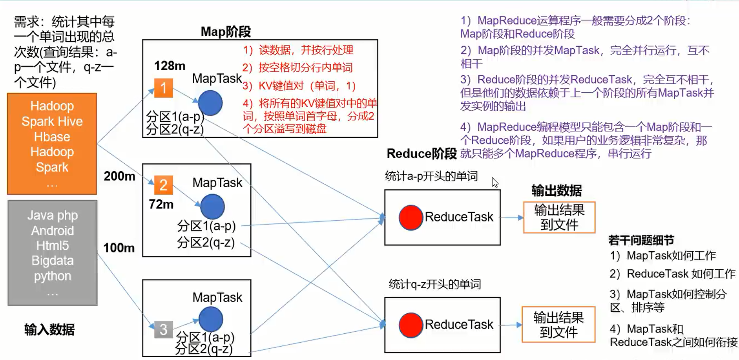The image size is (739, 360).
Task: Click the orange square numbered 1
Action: (x=163, y=88)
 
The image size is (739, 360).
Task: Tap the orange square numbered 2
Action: (x=163, y=185)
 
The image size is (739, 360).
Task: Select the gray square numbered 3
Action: (x=163, y=329)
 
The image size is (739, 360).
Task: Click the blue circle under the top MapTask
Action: (x=210, y=103)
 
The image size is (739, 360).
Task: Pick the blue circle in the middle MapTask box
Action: (x=212, y=206)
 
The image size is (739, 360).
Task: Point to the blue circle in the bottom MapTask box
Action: (x=211, y=319)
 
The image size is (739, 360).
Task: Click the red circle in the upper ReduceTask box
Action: (x=411, y=217)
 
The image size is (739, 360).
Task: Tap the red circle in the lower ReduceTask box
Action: (x=411, y=325)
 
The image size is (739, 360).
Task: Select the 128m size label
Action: (x=170, y=66)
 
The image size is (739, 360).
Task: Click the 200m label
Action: (x=119, y=176)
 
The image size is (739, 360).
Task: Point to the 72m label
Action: (x=161, y=204)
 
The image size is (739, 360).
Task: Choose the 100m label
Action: (x=119, y=248)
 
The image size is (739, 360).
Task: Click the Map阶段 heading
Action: (x=226, y=31)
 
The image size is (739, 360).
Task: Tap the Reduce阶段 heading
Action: (x=422, y=154)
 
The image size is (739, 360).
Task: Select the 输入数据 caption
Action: (x=49, y=329)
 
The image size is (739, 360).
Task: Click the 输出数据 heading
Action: (x=557, y=191)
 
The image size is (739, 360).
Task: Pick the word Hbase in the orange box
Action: (x=52, y=137)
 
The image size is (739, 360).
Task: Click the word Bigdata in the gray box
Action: (x=52, y=261)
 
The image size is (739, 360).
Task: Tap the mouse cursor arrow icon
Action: (x=495, y=183)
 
